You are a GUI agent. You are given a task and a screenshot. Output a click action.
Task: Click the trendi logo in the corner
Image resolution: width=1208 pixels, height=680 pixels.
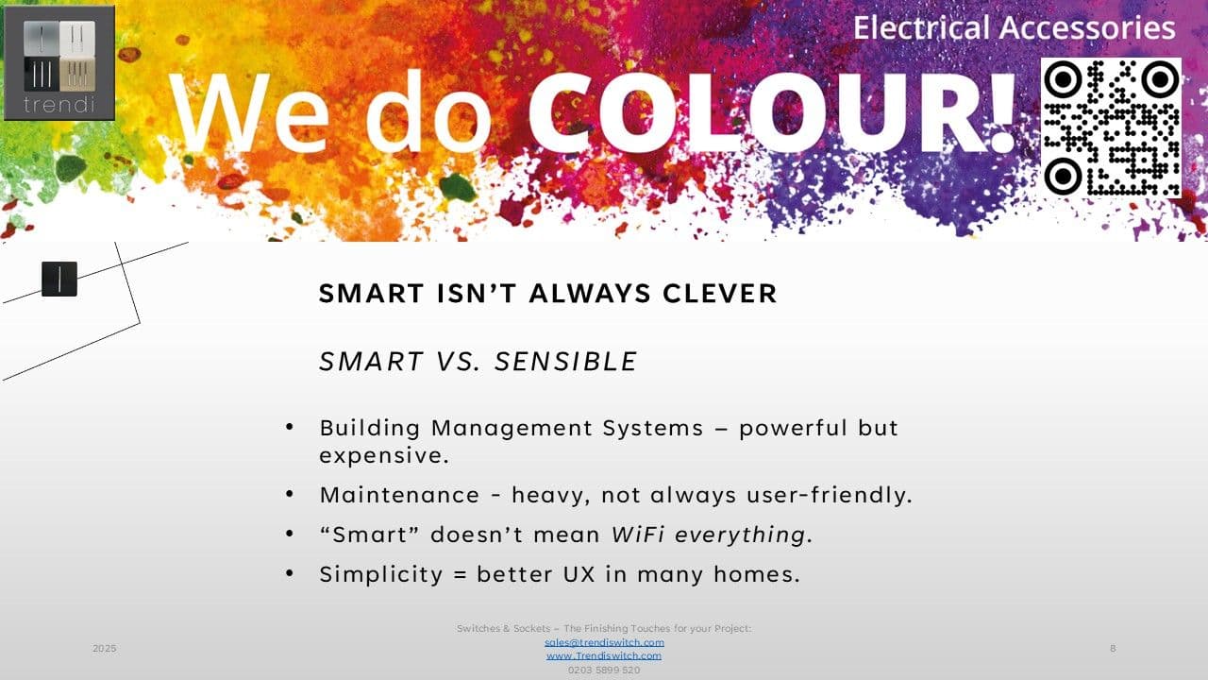click(x=59, y=63)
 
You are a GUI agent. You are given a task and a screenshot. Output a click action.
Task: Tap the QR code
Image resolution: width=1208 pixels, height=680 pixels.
click(x=1111, y=127)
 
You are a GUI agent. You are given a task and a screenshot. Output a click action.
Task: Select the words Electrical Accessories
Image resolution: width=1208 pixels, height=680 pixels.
click(x=1014, y=27)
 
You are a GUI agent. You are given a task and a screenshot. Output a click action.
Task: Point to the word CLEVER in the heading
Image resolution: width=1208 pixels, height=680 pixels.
click(x=720, y=294)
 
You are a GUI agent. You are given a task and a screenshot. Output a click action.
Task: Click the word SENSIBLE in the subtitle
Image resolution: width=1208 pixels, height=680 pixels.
click(x=566, y=361)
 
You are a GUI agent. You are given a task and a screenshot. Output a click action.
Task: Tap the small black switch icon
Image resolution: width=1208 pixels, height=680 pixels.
click(x=59, y=279)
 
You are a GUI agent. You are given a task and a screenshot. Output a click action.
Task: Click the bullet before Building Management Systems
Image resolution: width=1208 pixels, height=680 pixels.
click(x=290, y=427)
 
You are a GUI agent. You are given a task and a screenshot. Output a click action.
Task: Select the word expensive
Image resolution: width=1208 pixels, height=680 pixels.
click(x=384, y=456)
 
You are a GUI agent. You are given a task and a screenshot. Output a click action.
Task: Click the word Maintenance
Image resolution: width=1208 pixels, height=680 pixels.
click(x=399, y=495)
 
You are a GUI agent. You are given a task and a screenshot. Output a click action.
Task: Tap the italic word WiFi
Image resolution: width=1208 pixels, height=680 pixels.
click(x=638, y=535)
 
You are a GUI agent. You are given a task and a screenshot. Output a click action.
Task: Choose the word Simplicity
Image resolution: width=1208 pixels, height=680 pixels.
click(x=380, y=574)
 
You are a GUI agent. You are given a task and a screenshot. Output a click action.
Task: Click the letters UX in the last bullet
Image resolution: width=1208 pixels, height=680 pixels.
click(x=579, y=573)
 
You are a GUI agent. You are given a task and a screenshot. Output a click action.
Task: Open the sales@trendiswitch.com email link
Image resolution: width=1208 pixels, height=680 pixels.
click(x=604, y=642)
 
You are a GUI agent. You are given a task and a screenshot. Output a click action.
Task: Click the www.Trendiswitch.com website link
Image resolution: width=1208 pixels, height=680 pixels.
click(x=604, y=655)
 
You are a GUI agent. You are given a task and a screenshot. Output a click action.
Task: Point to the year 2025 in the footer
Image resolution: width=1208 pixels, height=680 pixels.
click(x=105, y=648)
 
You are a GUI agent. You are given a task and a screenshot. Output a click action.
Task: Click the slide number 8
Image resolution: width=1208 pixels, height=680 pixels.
click(x=1113, y=648)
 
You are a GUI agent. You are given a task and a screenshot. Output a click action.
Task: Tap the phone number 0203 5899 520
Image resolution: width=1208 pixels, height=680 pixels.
click(x=604, y=670)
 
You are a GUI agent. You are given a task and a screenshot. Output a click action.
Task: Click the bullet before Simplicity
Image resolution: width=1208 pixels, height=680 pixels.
click(x=290, y=573)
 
